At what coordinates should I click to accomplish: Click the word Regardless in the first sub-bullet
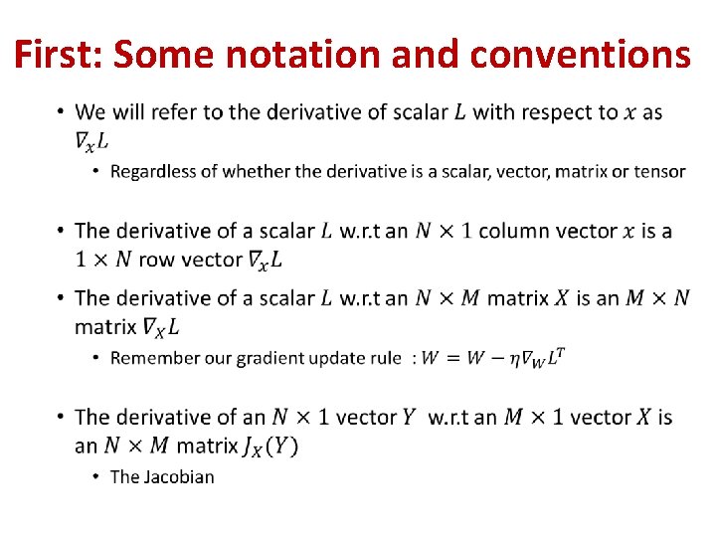point(152,172)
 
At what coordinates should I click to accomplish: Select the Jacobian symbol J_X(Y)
point(269,446)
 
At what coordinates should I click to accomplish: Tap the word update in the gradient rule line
point(337,358)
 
